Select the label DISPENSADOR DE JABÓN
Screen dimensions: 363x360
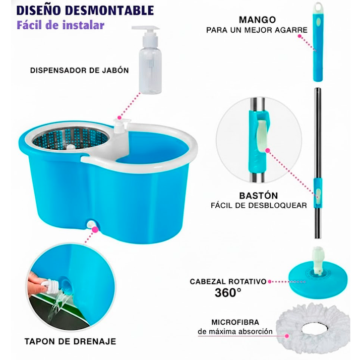coord(80,71)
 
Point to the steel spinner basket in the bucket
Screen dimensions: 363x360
coord(71,138)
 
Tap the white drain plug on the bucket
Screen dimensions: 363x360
coord(91,224)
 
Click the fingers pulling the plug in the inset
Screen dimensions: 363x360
coord(37,282)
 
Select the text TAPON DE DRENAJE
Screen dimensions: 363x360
coord(71,341)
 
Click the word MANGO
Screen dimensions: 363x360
coord(257,20)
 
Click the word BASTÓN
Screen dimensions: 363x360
coord(258,196)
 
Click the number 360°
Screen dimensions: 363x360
coord(228,292)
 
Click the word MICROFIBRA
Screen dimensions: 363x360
coord(235,322)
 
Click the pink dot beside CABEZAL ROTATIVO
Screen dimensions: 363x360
coord(269,281)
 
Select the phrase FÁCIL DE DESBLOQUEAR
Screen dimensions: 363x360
coord(259,205)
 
